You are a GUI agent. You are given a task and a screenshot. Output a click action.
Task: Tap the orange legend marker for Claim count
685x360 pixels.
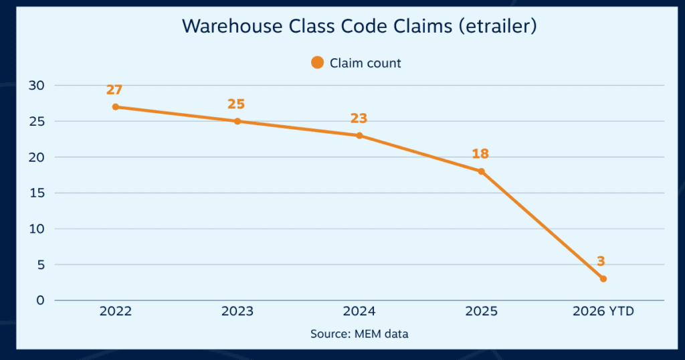tap(317, 63)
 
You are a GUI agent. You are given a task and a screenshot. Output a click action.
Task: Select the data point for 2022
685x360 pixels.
tap(116, 107)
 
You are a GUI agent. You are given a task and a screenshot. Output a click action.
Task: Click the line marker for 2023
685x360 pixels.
tap(237, 121)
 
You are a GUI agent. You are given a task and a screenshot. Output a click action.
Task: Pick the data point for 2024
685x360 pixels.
tap(359, 136)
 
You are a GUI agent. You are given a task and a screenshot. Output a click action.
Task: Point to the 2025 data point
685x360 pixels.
tap(481, 171)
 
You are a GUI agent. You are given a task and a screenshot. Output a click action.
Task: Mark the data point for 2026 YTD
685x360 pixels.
tap(603, 278)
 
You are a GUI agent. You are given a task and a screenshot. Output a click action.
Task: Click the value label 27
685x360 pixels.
tap(114, 90)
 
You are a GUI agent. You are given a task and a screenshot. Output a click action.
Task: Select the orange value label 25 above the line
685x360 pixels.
tap(236, 104)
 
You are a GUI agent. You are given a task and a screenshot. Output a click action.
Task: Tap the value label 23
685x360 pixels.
tap(359, 118)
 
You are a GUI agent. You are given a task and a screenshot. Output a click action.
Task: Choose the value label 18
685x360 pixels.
tap(480, 154)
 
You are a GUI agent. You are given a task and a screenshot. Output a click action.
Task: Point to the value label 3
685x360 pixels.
tap(601, 262)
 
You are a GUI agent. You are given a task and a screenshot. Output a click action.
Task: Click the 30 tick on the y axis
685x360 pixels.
tap(37, 86)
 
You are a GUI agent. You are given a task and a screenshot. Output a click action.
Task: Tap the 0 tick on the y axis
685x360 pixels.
tap(40, 300)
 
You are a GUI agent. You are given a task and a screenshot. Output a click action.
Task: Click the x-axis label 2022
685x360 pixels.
tap(115, 312)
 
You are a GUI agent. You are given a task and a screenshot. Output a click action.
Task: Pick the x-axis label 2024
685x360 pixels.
tap(359, 312)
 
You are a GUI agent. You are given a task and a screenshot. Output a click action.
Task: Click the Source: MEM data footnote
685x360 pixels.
tap(359, 334)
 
